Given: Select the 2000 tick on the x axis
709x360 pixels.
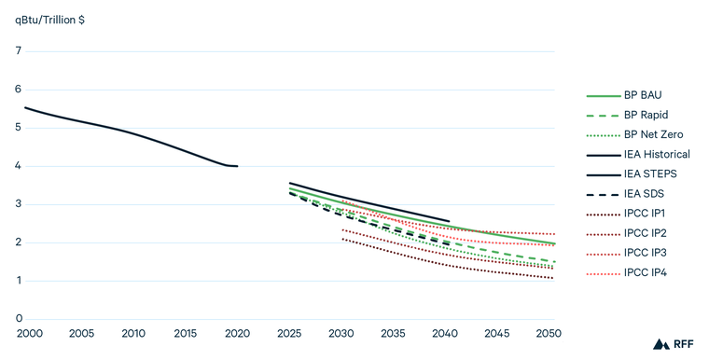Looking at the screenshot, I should (28, 334).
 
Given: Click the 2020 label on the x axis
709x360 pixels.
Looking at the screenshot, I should (238, 334).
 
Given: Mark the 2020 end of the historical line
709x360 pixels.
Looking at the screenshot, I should (238, 166).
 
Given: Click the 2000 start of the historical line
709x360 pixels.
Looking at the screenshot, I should (25, 108).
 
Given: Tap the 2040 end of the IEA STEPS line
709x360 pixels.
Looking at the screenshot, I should (449, 222).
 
